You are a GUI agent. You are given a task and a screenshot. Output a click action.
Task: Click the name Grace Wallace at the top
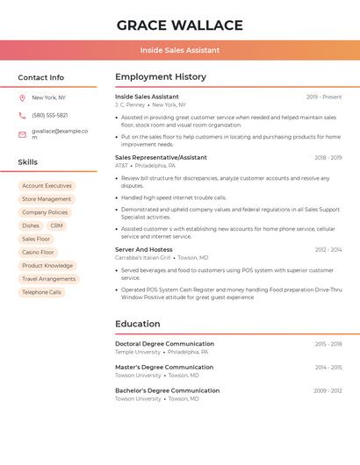pos(180,25)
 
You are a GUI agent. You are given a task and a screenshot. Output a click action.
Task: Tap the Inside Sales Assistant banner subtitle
pos(180,50)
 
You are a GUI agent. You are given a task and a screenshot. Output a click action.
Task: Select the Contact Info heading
pos(40,77)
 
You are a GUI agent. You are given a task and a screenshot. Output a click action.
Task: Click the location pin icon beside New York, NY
pos(22,97)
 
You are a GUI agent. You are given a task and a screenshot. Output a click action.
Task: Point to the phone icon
pos(22,115)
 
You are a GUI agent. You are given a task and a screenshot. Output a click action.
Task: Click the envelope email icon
pos(22,134)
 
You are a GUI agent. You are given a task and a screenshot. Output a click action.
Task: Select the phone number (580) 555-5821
pos(50,115)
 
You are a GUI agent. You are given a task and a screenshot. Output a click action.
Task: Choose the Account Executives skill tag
pos(47,186)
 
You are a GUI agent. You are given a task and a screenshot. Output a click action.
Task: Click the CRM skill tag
pos(57,225)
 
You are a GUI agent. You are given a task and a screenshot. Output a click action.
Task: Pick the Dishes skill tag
pos(31,225)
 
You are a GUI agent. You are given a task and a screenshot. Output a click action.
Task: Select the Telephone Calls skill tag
pos(41,292)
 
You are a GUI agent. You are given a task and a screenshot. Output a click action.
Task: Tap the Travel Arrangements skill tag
pos(48,279)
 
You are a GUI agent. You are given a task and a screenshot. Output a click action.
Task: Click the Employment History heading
pos(161,77)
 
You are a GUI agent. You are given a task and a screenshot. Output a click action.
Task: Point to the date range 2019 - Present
pos(324,97)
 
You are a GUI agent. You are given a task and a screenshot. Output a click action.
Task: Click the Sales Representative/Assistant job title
pos(161,157)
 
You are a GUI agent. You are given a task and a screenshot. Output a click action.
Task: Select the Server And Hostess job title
pos(144,249)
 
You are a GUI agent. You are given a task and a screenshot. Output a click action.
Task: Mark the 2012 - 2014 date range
pos(328,249)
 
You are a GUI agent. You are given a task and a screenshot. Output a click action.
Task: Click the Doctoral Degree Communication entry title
pos(164,344)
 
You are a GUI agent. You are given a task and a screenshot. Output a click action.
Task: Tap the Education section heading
pos(138,324)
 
